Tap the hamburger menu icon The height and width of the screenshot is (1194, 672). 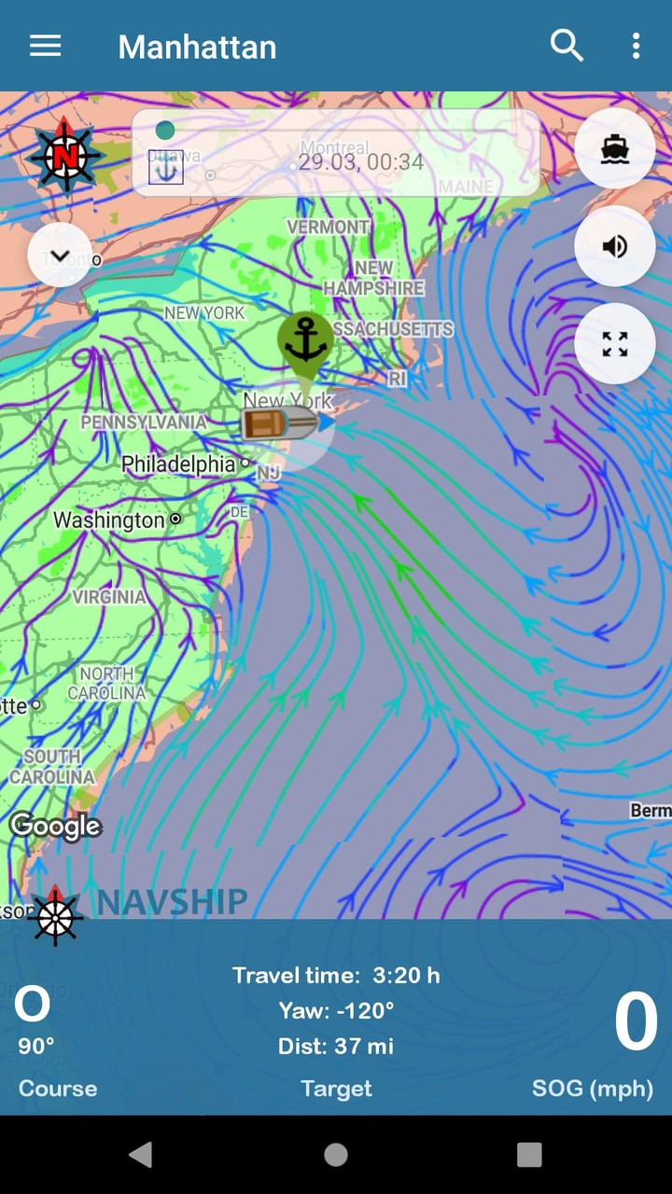coord(45,46)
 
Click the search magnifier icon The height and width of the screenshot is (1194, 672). coord(567,46)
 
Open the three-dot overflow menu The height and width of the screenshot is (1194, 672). coord(636,46)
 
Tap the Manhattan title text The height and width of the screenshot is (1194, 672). coord(197,47)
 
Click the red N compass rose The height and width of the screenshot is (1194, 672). coord(63,155)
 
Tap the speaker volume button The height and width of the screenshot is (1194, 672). coord(614,246)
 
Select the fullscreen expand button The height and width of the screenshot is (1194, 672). coord(614,344)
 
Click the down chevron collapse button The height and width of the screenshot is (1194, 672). coord(60,255)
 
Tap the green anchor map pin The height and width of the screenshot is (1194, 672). coord(305,341)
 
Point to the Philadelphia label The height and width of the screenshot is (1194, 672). coord(178,464)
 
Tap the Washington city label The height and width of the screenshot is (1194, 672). coord(108,520)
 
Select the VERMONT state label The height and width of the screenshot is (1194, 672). coord(328,227)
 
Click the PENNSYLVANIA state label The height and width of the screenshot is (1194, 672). coord(144,422)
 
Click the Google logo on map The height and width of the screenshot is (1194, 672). coord(55,826)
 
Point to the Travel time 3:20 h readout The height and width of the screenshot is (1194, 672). coord(336,976)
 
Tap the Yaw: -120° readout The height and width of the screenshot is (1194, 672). coord(336,1010)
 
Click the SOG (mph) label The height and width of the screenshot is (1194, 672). coord(593,1089)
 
